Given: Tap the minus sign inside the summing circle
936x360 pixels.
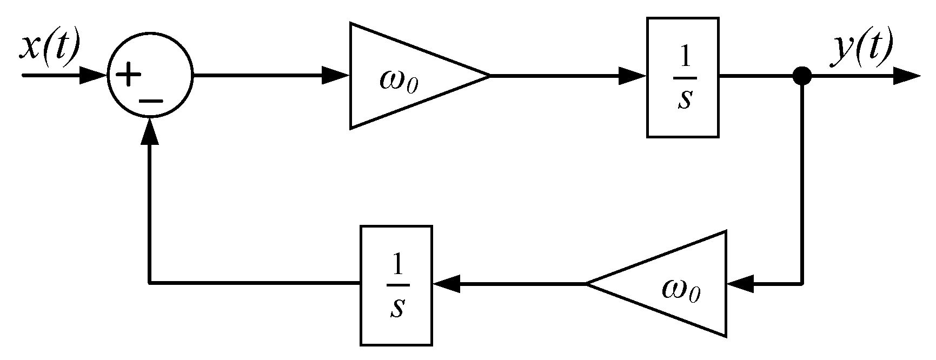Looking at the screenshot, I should click(151, 99).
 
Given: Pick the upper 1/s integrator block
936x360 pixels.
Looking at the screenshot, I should click(682, 77).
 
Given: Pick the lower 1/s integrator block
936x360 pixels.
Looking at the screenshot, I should click(396, 285).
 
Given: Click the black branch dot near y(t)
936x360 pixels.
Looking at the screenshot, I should click(802, 76).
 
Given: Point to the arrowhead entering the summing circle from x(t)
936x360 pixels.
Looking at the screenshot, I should click(92, 76).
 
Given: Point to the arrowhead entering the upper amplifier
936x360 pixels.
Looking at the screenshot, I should click(335, 76).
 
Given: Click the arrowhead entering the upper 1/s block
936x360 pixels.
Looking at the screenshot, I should click(632, 76).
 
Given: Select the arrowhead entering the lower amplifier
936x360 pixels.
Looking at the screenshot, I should click(740, 283).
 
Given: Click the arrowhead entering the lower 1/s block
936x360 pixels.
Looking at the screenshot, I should click(447, 283).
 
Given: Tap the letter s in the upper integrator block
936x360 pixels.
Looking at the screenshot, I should click(684, 99).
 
